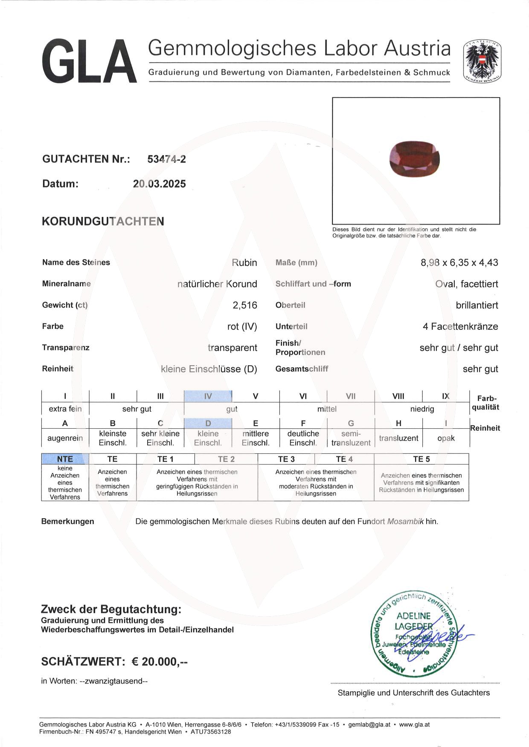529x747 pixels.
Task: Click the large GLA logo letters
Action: (x=90, y=61)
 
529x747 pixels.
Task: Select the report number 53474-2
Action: (x=166, y=159)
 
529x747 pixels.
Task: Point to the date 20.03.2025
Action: (x=160, y=184)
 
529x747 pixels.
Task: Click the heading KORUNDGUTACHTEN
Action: (x=103, y=221)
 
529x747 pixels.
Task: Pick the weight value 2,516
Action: (x=245, y=305)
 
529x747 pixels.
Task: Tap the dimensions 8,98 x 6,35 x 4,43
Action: (x=459, y=262)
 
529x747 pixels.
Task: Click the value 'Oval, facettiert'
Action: (x=466, y=284)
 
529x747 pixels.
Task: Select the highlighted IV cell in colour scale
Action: (x=208, y=396)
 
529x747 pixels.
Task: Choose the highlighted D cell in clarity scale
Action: (x=208, y=423)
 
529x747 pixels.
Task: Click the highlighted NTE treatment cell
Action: (x=65, y=459)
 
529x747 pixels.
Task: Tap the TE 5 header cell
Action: (x=421, y=459)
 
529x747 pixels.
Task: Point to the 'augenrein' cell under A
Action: (x=65, y=438)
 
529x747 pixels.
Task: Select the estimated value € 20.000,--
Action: (x=160, y=661)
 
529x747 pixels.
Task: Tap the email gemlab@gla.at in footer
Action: (x=369, y=724)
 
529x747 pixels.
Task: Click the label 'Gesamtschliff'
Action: (x=302, y=369)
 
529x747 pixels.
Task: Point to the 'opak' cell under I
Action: (x=446, y=438)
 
